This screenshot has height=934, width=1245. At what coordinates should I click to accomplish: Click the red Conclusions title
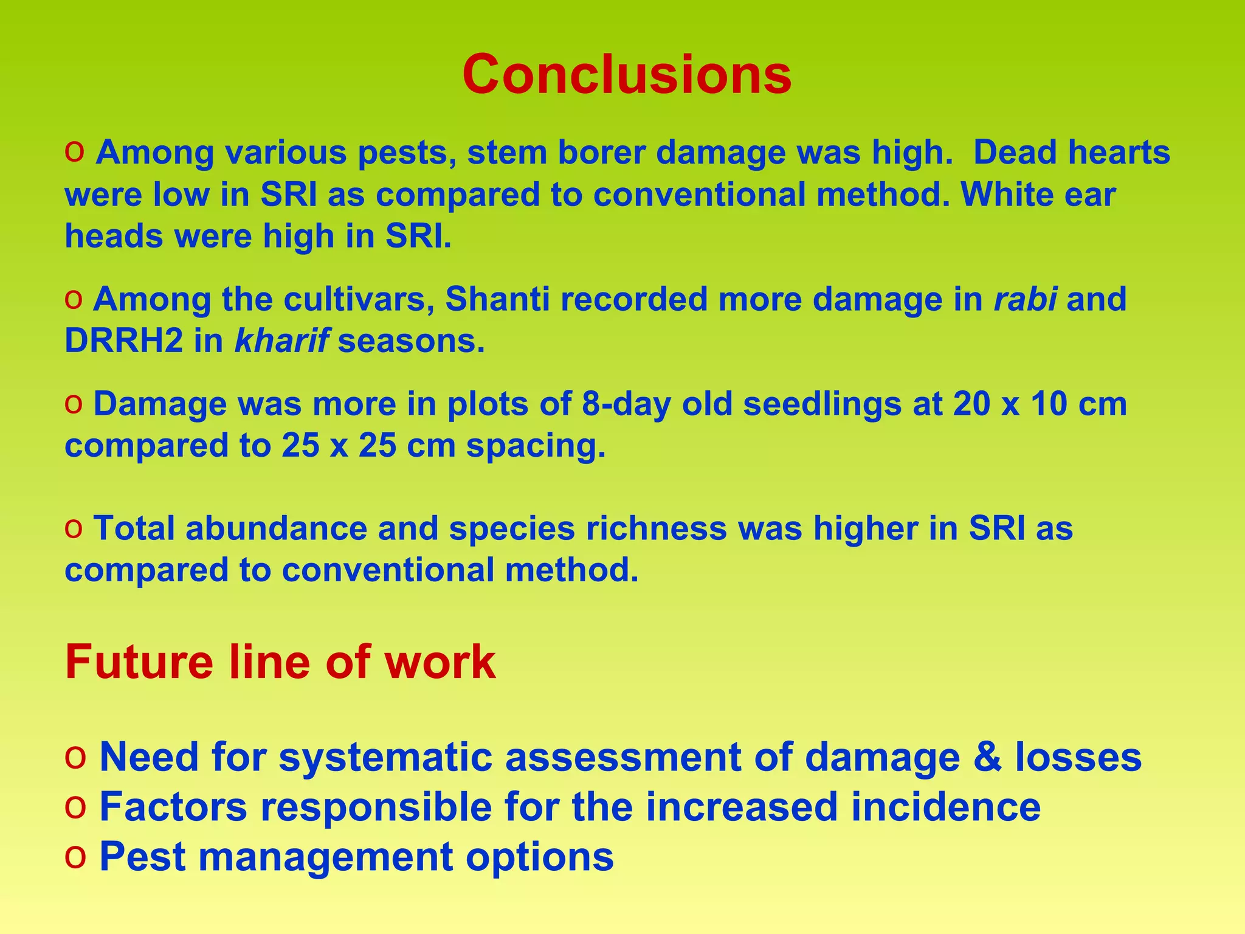627,75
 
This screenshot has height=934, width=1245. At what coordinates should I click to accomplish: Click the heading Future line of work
280,662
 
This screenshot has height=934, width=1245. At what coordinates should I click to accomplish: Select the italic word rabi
1025,299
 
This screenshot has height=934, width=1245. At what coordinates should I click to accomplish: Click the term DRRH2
123,341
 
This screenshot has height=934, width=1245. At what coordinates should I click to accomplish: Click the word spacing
536,446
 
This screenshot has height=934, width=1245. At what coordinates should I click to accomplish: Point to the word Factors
174,807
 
